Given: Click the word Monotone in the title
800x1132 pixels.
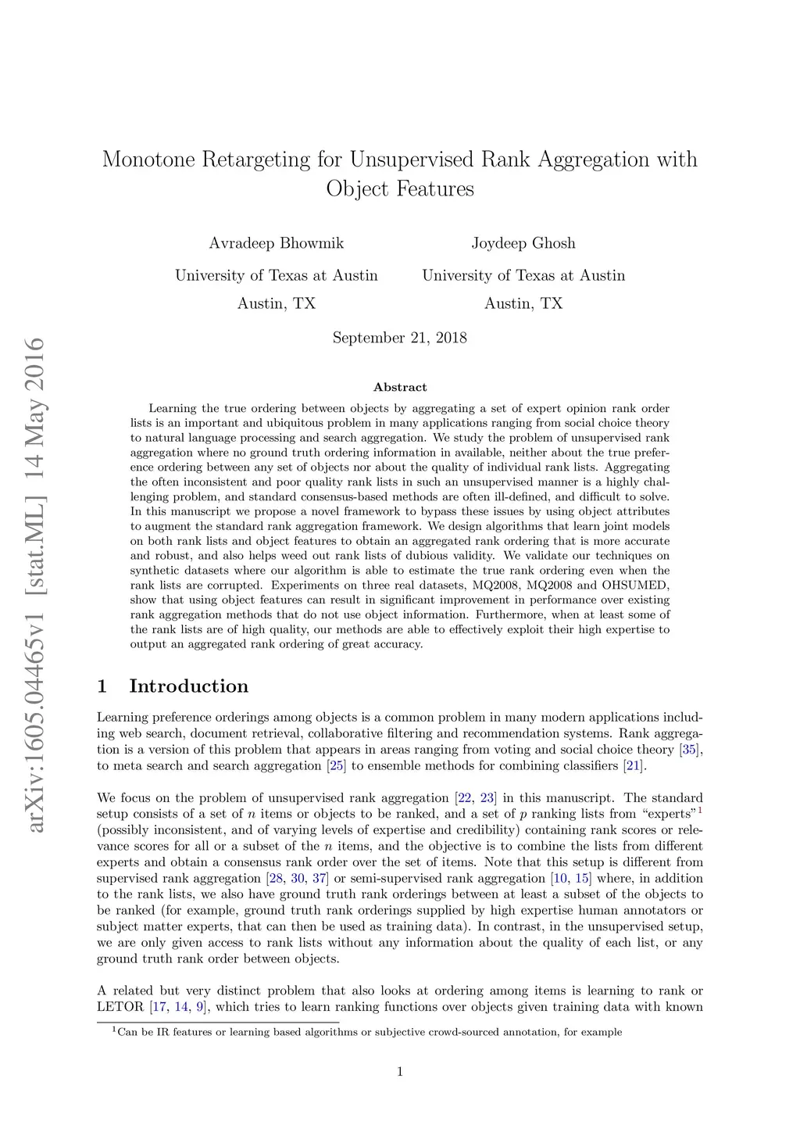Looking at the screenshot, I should click(x=148, y=159).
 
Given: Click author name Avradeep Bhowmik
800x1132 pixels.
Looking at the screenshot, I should click(x=276, y=243).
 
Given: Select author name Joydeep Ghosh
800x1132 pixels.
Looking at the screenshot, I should click(x=523, y=243).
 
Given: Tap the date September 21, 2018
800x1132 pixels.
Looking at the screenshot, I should click(x=399, y=338).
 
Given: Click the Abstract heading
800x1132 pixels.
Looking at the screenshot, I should click(x=400, y=387).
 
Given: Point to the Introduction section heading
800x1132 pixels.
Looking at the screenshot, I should click(x=188, y=686).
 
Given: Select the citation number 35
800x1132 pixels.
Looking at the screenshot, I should click(x=688, y=750).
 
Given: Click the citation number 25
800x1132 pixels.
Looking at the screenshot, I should click(x=337, y=766).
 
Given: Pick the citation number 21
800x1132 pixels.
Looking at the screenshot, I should click(x=633, y=766).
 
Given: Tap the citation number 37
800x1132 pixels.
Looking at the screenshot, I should click(x=320, y=879).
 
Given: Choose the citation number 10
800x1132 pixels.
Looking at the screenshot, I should click(x=560, y=879).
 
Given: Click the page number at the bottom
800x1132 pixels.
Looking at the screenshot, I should click(x=400, y=1072).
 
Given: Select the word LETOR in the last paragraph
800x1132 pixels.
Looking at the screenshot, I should click(x=120, y=1007).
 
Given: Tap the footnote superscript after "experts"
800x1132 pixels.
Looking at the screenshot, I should click(x=700, y=811).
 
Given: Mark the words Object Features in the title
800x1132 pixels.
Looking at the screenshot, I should click(x=400, y=189).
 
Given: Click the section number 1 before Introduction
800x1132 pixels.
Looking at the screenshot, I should click(x=102, y=686).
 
